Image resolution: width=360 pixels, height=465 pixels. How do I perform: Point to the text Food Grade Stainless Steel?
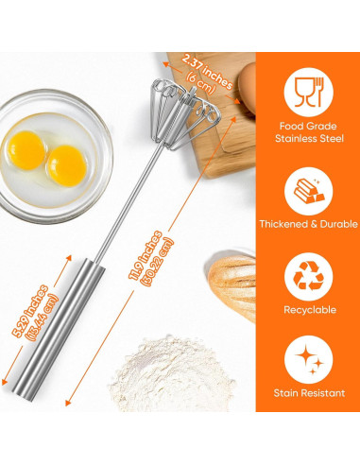point(308,132)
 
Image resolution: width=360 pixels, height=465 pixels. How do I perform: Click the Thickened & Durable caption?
point(308,224)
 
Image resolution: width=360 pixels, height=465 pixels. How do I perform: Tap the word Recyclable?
point(308,309)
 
